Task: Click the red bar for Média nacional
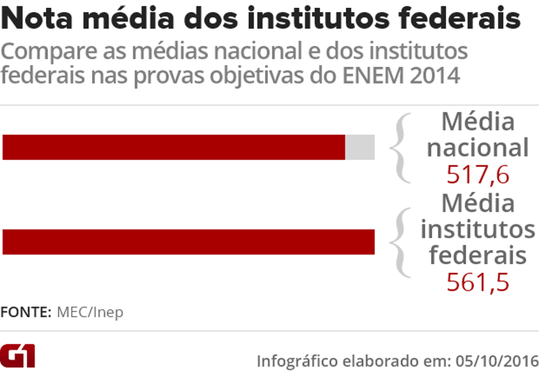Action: point(174,147)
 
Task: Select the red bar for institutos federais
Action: point(188,242)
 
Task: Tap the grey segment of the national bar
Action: point(360,147)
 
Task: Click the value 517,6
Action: point(478,175)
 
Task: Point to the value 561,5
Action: point(478,282)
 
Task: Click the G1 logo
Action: point(18,356)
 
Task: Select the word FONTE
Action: point(25,312)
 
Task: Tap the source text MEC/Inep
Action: point(90,312)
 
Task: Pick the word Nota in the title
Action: point(35,20)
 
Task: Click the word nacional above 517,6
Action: point(478,148)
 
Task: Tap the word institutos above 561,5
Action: point(478,229)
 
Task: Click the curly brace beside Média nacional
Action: point(401,148)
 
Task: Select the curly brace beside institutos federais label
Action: point(401,242)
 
